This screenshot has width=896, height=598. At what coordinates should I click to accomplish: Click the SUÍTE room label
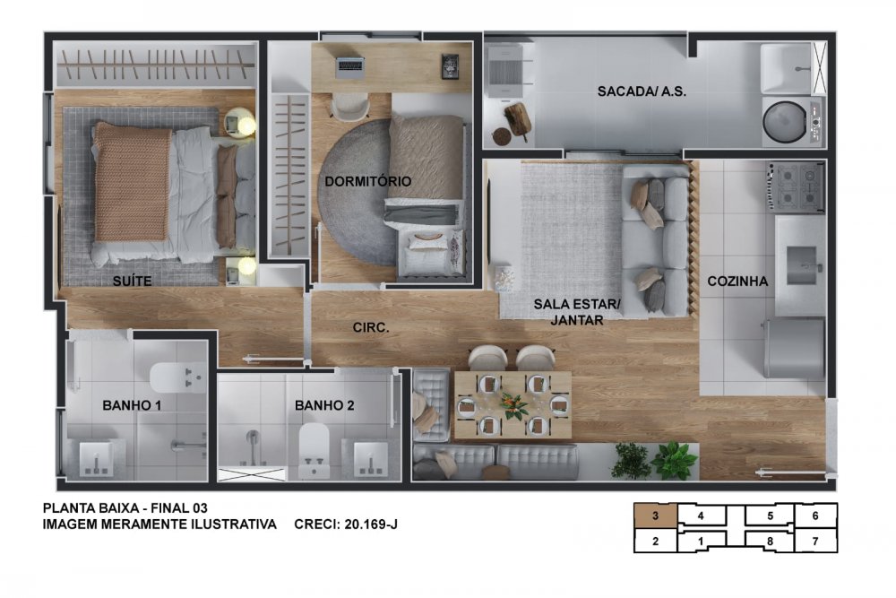(132, 281)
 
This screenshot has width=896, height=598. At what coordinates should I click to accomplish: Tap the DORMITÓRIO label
(368, 181)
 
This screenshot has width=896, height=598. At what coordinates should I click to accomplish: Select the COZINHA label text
(737, 282)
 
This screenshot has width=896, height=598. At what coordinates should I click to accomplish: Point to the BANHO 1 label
(132, 405)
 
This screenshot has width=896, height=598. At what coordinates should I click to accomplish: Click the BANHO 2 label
(324, 405)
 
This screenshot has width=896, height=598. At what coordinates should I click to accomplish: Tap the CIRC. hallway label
(371, 327)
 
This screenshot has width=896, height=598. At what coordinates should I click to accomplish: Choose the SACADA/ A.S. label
(642, 91)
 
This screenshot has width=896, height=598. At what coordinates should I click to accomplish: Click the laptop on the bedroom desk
(349, 67)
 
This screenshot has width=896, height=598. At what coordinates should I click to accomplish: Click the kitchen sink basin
(801, 265)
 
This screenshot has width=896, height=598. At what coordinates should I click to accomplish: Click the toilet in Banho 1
(177, 377)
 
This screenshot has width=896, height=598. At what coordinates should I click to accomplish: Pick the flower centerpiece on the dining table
(513, 405)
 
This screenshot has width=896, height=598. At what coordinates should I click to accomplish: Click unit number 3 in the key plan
(656, 516)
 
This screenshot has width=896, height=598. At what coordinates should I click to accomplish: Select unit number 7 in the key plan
(814, 541)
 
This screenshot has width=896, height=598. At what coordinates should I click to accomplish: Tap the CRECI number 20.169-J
(370, 524)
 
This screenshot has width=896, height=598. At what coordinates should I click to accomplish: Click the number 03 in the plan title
(200, 507)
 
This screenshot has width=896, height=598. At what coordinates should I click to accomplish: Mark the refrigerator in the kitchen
(795, 348)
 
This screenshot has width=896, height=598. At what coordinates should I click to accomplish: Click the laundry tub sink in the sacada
(787, 69)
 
